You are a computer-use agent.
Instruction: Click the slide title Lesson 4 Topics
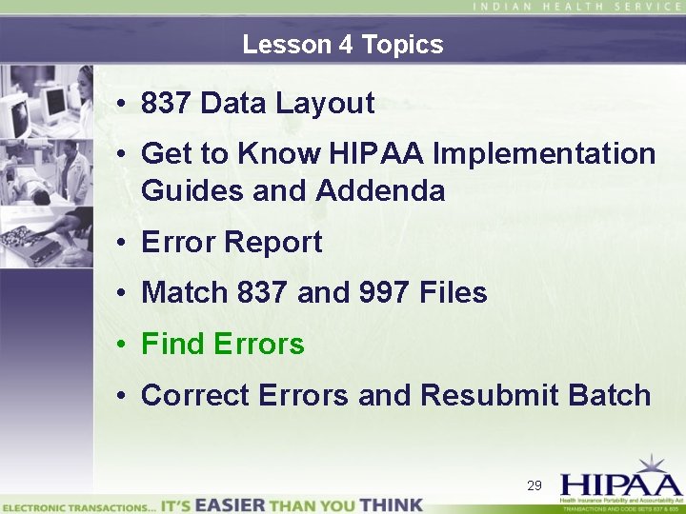[342, 45]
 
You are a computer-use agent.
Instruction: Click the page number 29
[535, 485]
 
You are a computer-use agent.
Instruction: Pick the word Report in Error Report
[275, 242]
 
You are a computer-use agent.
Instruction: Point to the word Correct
[193, 395]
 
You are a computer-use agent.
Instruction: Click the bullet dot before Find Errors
[126, 345]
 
